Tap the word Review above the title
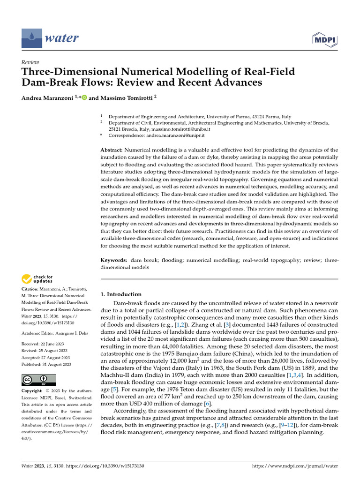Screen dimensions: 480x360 (30, 62)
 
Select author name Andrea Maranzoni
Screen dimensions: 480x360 (47, 98)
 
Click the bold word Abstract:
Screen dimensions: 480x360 (112, 150)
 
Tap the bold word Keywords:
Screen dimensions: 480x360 (114, 260)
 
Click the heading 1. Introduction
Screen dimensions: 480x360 (121, 294)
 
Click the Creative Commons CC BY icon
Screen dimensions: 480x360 (38, 380)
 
